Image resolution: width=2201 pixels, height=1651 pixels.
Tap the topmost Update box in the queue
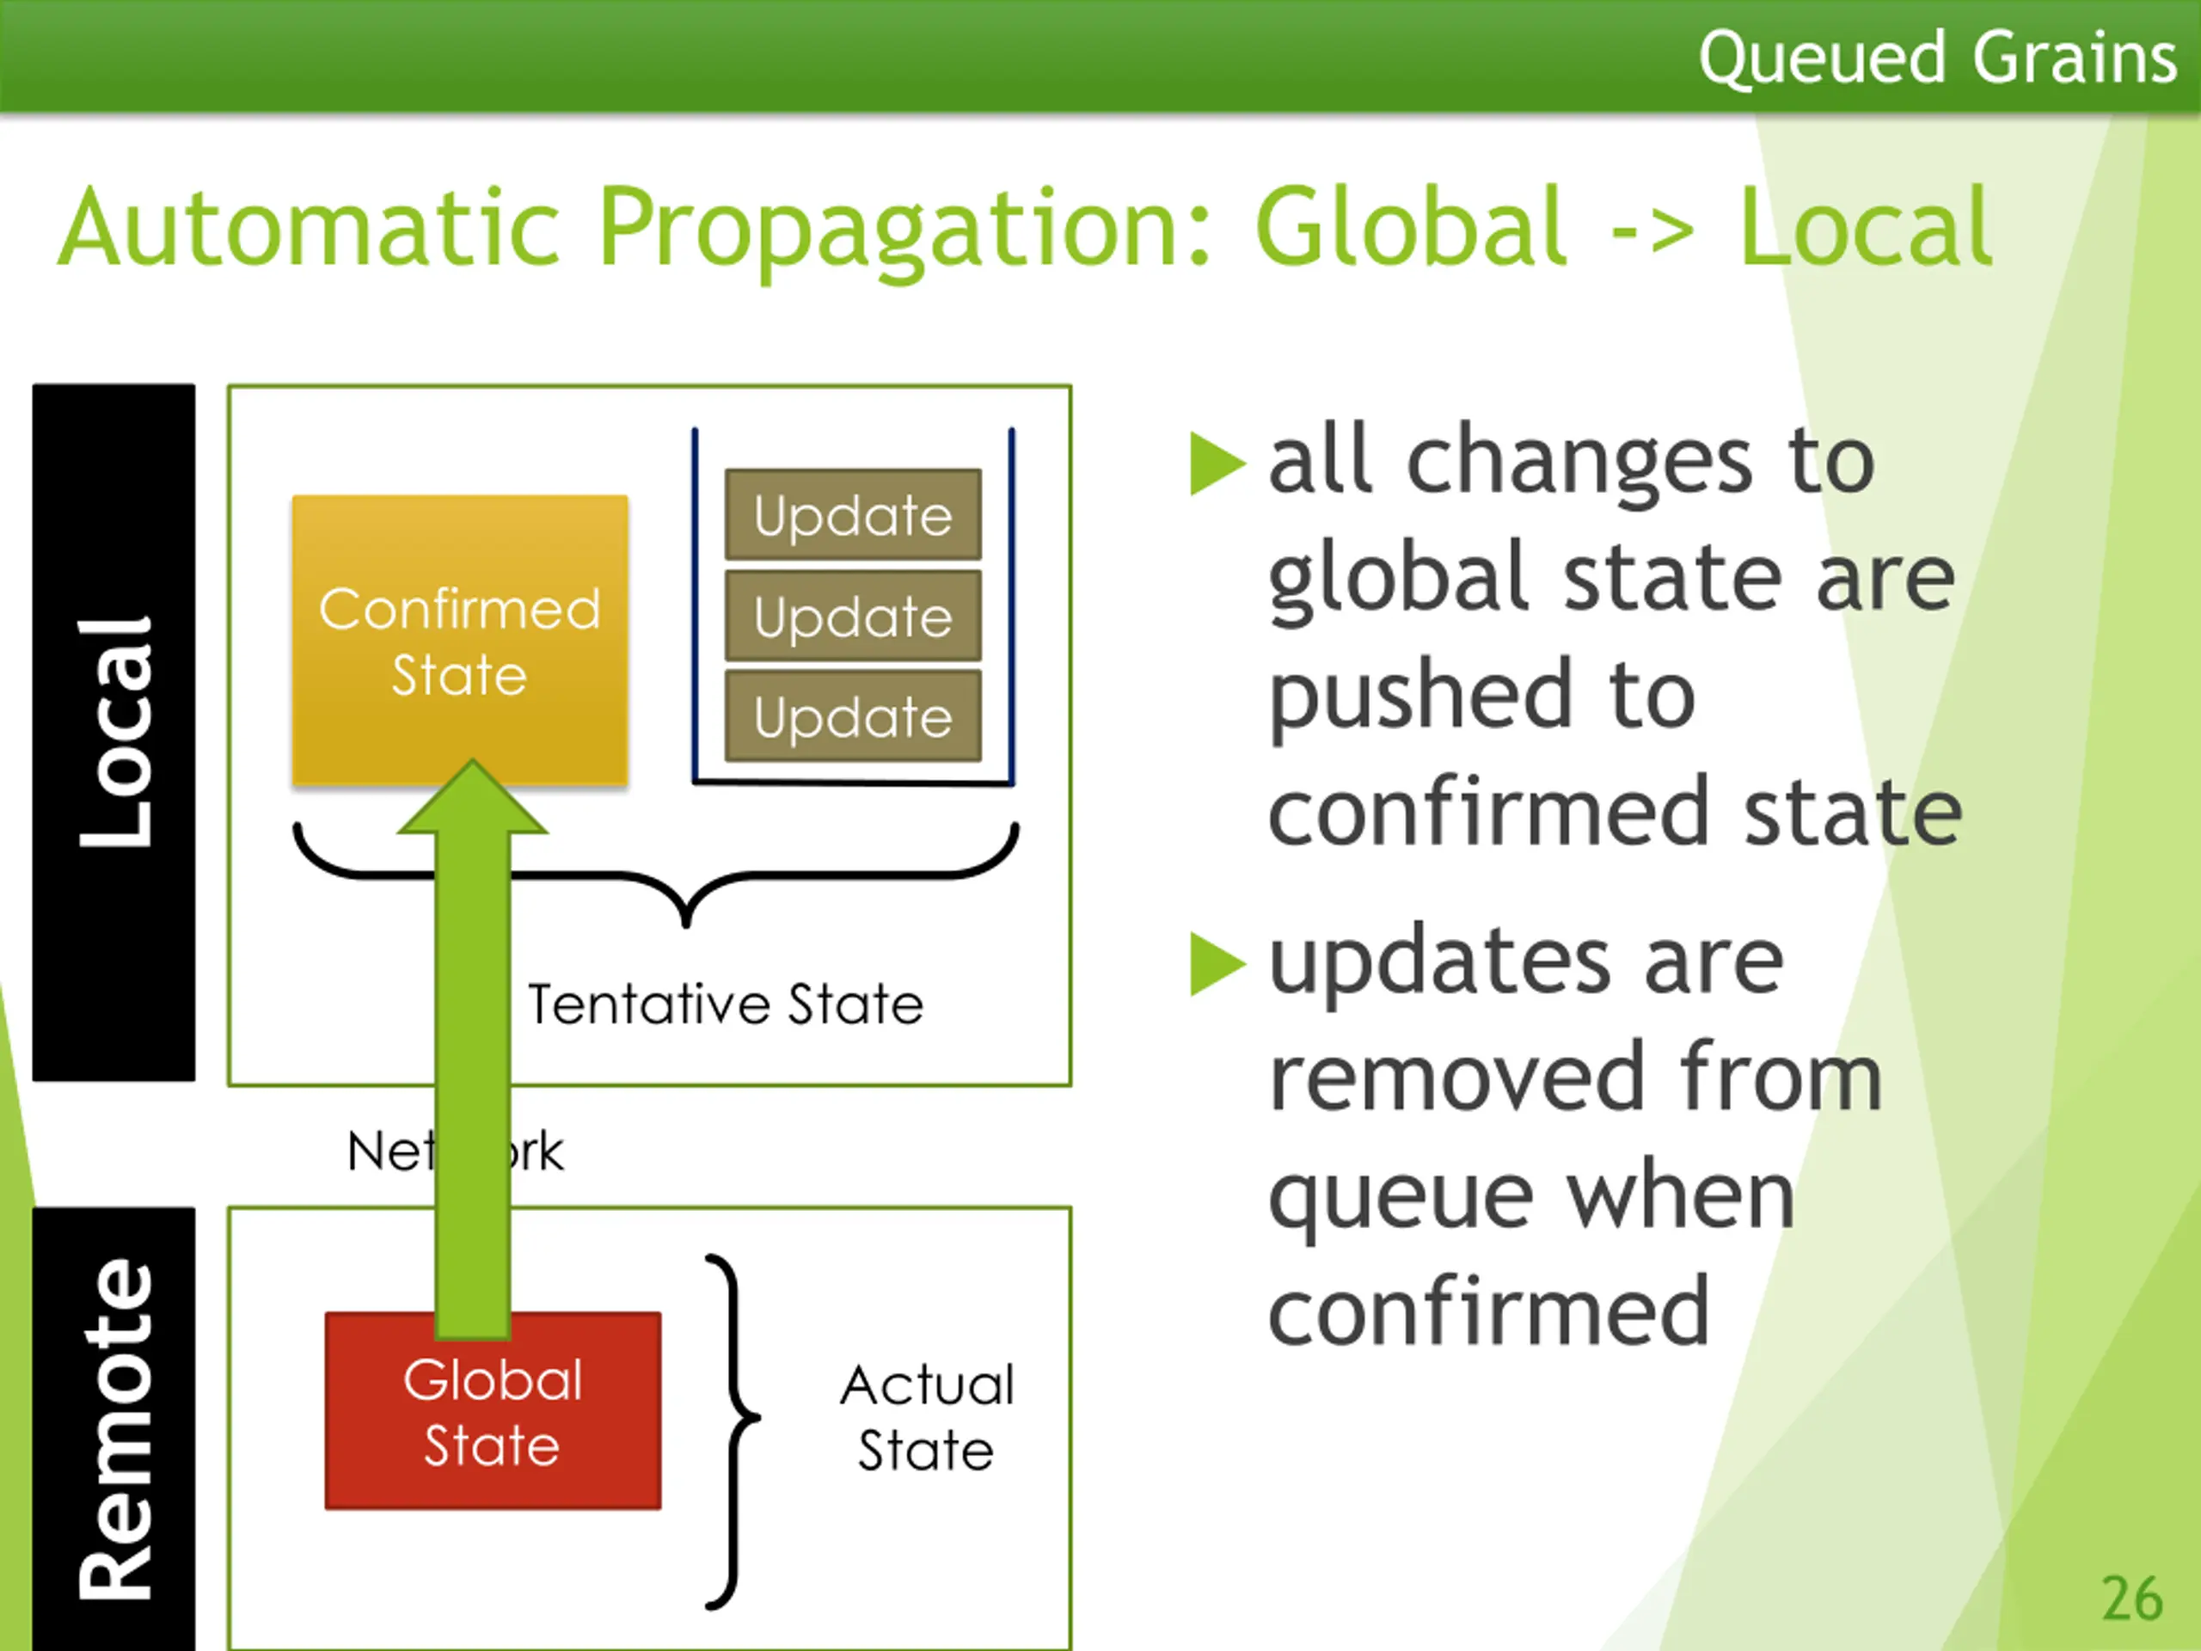(x=853, y=514)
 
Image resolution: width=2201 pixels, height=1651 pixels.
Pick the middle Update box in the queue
(x=853, y=616)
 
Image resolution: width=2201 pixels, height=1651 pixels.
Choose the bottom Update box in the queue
(x=853, y=716)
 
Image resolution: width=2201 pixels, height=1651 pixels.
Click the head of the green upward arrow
(x=473, y=801)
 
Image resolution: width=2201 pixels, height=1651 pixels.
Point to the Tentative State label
(x=726, y=1003)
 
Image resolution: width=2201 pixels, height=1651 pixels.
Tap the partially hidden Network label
(x=454, y=1151)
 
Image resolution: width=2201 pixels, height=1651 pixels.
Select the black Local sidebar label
(x=113, y=732)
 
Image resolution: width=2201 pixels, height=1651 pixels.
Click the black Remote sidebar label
(x=113, y=1429)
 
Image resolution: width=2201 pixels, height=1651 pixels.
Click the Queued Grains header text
(x=1936, y=57)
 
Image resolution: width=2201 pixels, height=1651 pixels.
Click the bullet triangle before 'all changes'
(x=1216, y=463)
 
